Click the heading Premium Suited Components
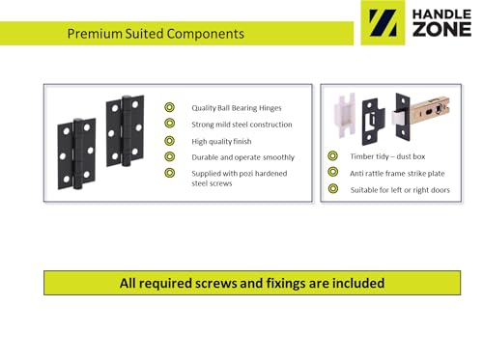point(155,34)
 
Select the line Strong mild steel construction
point(241,125)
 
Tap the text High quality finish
point(221,141)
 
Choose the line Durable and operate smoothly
point(242,156)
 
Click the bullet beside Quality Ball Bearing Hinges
point(169,108)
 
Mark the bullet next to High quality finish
point(169,140)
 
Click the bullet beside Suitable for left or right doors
point(332,188)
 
